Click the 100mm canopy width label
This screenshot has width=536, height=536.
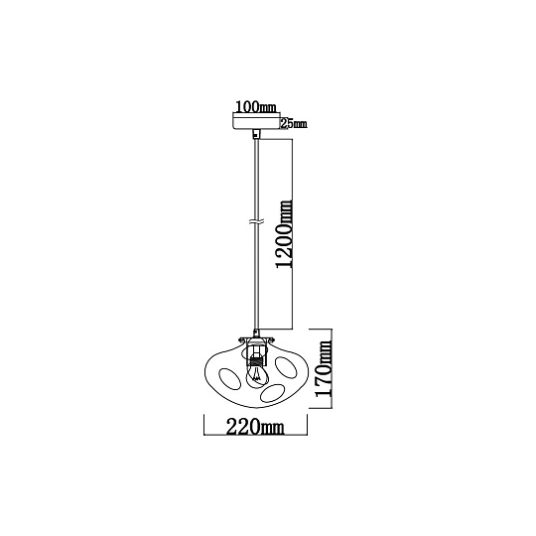click(x=256, y=107)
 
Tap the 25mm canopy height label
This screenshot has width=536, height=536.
click(x=294, y=124)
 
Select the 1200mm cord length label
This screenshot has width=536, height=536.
click(x=285, y=234)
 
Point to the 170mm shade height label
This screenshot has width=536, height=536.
click(x=324, y=368)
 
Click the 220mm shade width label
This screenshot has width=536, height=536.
click(x=255, y=427)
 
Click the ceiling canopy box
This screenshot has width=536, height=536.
click(x=256, y=121)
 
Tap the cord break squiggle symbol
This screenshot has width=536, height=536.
click(x=256, y=222)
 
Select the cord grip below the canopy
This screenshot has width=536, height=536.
click(x=256, y=134)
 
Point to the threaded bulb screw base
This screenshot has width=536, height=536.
click(x=256, y=359)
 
